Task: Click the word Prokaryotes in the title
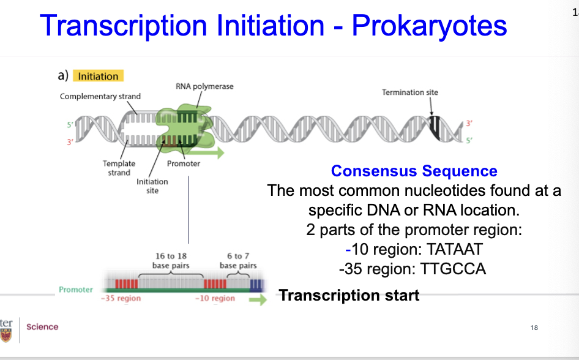tap(430, 26)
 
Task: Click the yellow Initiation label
tap(98, 77)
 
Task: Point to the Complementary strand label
tap(100, 96)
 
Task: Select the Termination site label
tap(410, 92)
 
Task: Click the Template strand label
tap(119, 168)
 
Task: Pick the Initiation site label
tap(152, 186)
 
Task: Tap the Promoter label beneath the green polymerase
tap(183, 163)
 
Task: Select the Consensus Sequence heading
tap(414, 171)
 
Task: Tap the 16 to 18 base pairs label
tap(171, 261)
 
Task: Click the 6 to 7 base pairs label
tap(238, 261)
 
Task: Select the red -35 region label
tap(121, 298)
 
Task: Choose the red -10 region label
tap(215, 298)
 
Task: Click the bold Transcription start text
tap(349, 296)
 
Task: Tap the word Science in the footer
tap(42, 327)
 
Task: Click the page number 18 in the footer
tap(534, 328)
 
